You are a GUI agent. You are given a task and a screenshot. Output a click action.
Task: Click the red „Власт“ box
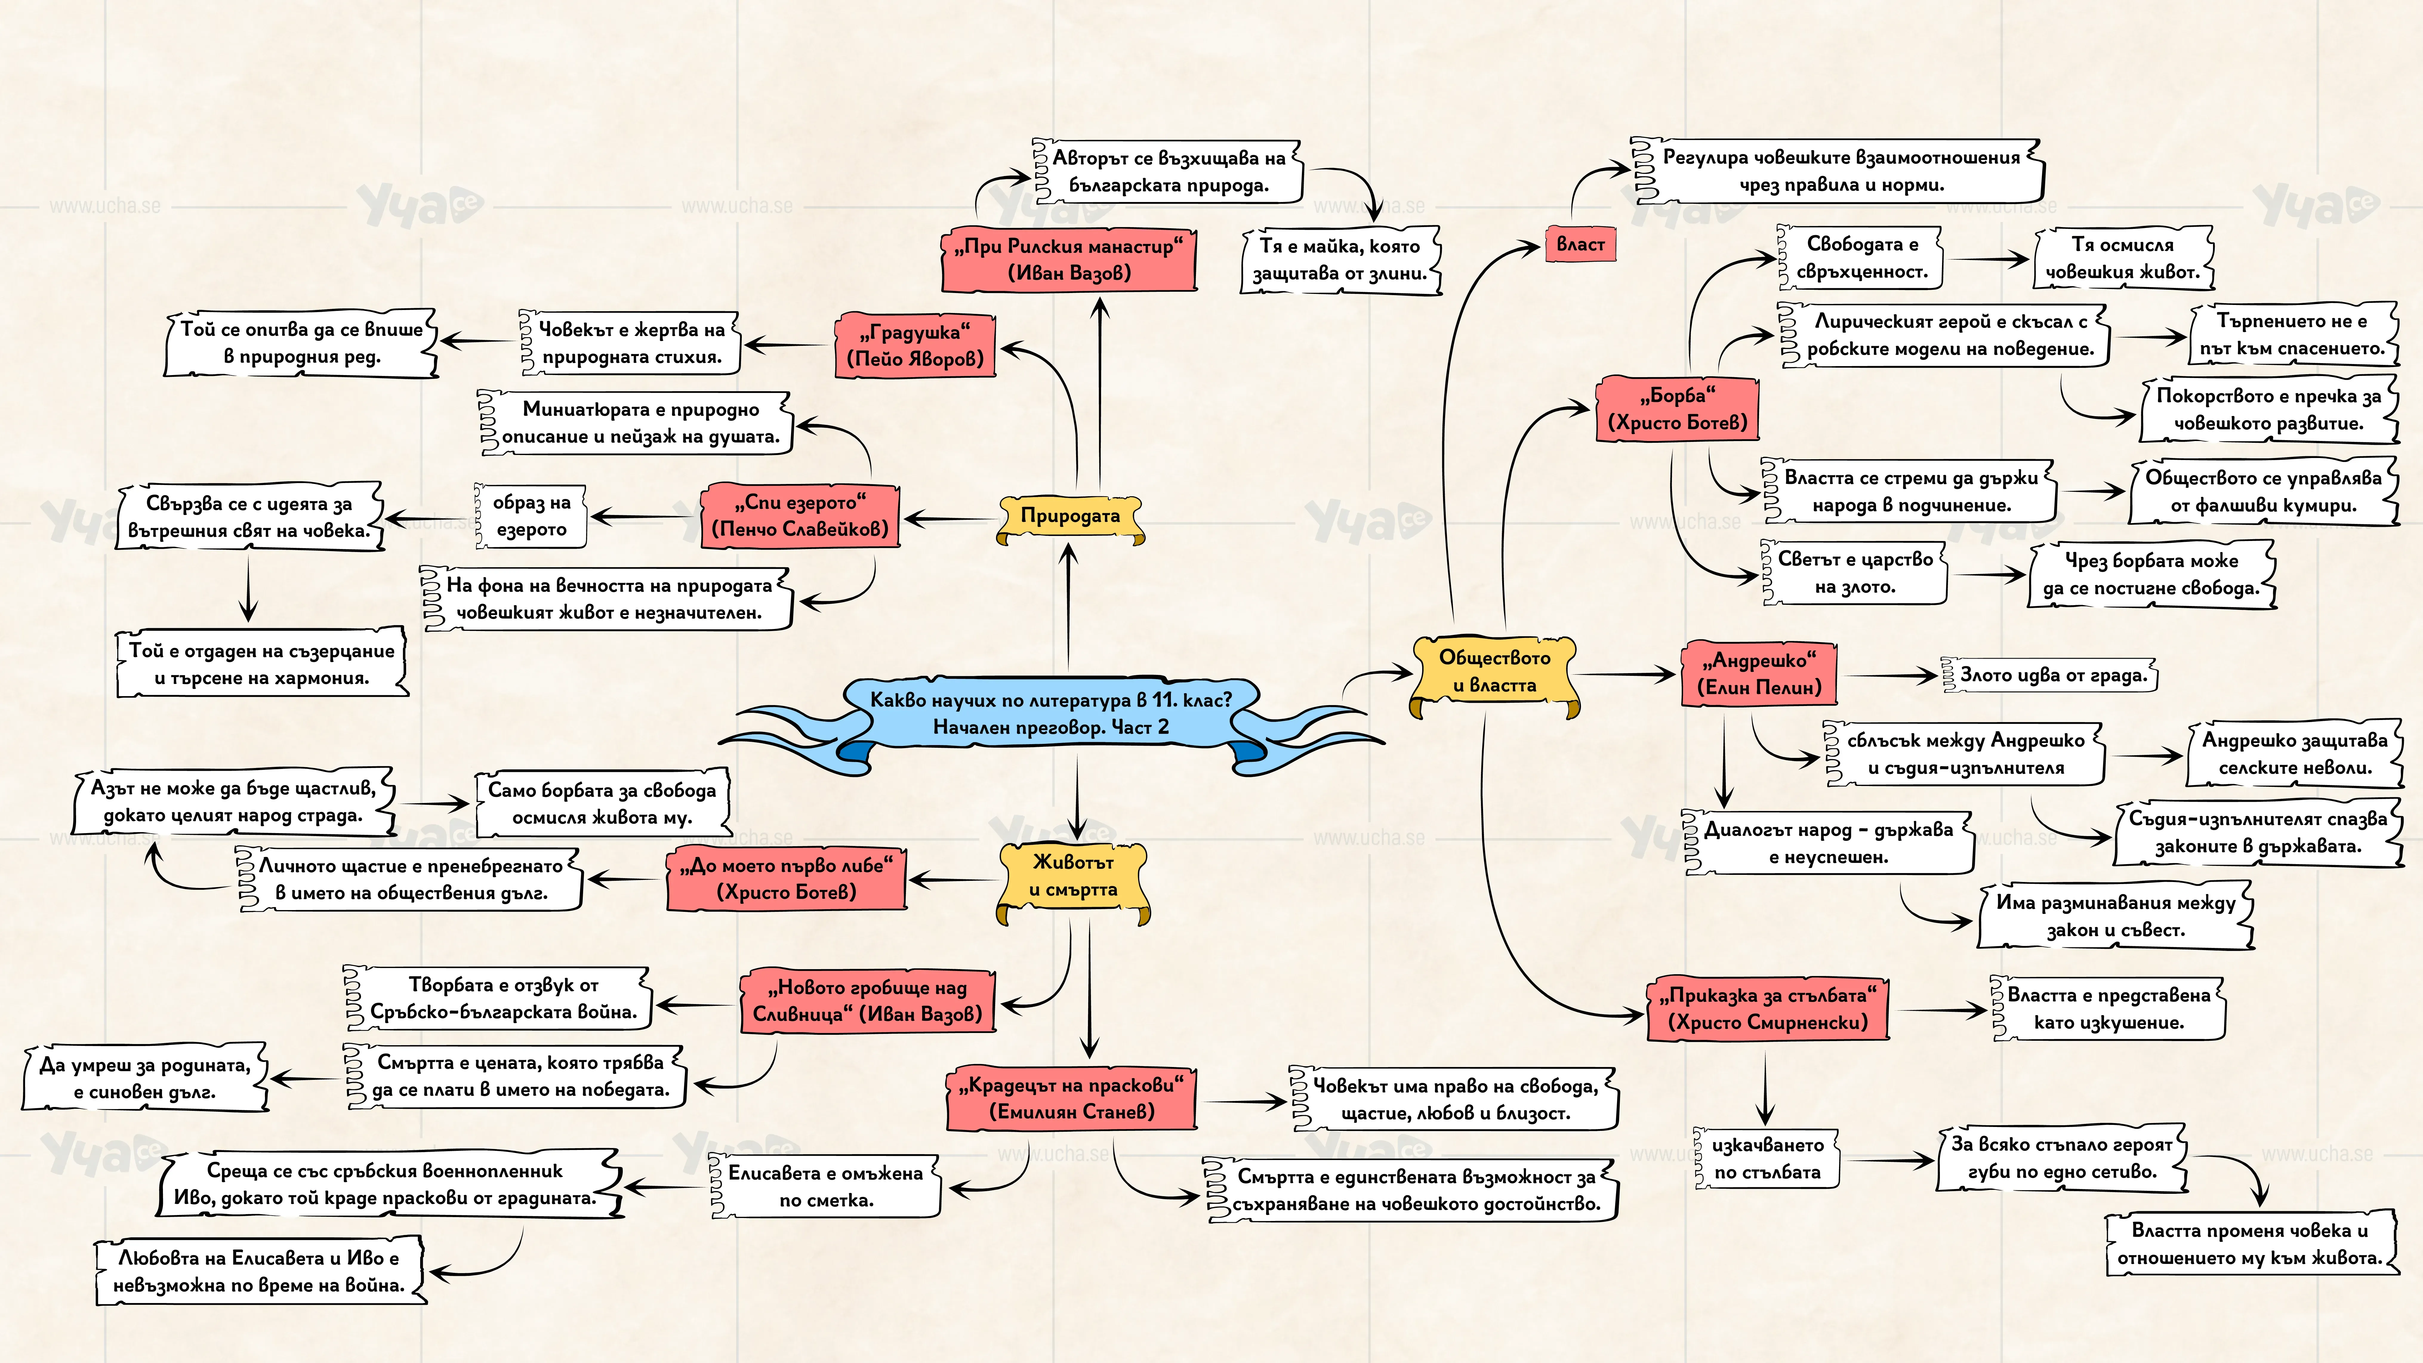[1580, 245]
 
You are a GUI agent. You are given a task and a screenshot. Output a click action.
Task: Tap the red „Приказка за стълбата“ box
[1768, 1009]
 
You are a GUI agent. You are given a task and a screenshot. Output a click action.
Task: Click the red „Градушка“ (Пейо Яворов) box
[915, 345]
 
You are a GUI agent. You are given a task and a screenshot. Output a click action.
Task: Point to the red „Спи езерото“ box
[800, 516]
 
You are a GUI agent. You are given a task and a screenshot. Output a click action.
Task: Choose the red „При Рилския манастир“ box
[1069, 260]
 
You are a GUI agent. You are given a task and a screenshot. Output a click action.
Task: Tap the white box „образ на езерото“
[531, 516]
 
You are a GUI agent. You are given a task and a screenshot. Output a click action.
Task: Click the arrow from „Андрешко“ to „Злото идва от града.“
[1891, 676]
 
